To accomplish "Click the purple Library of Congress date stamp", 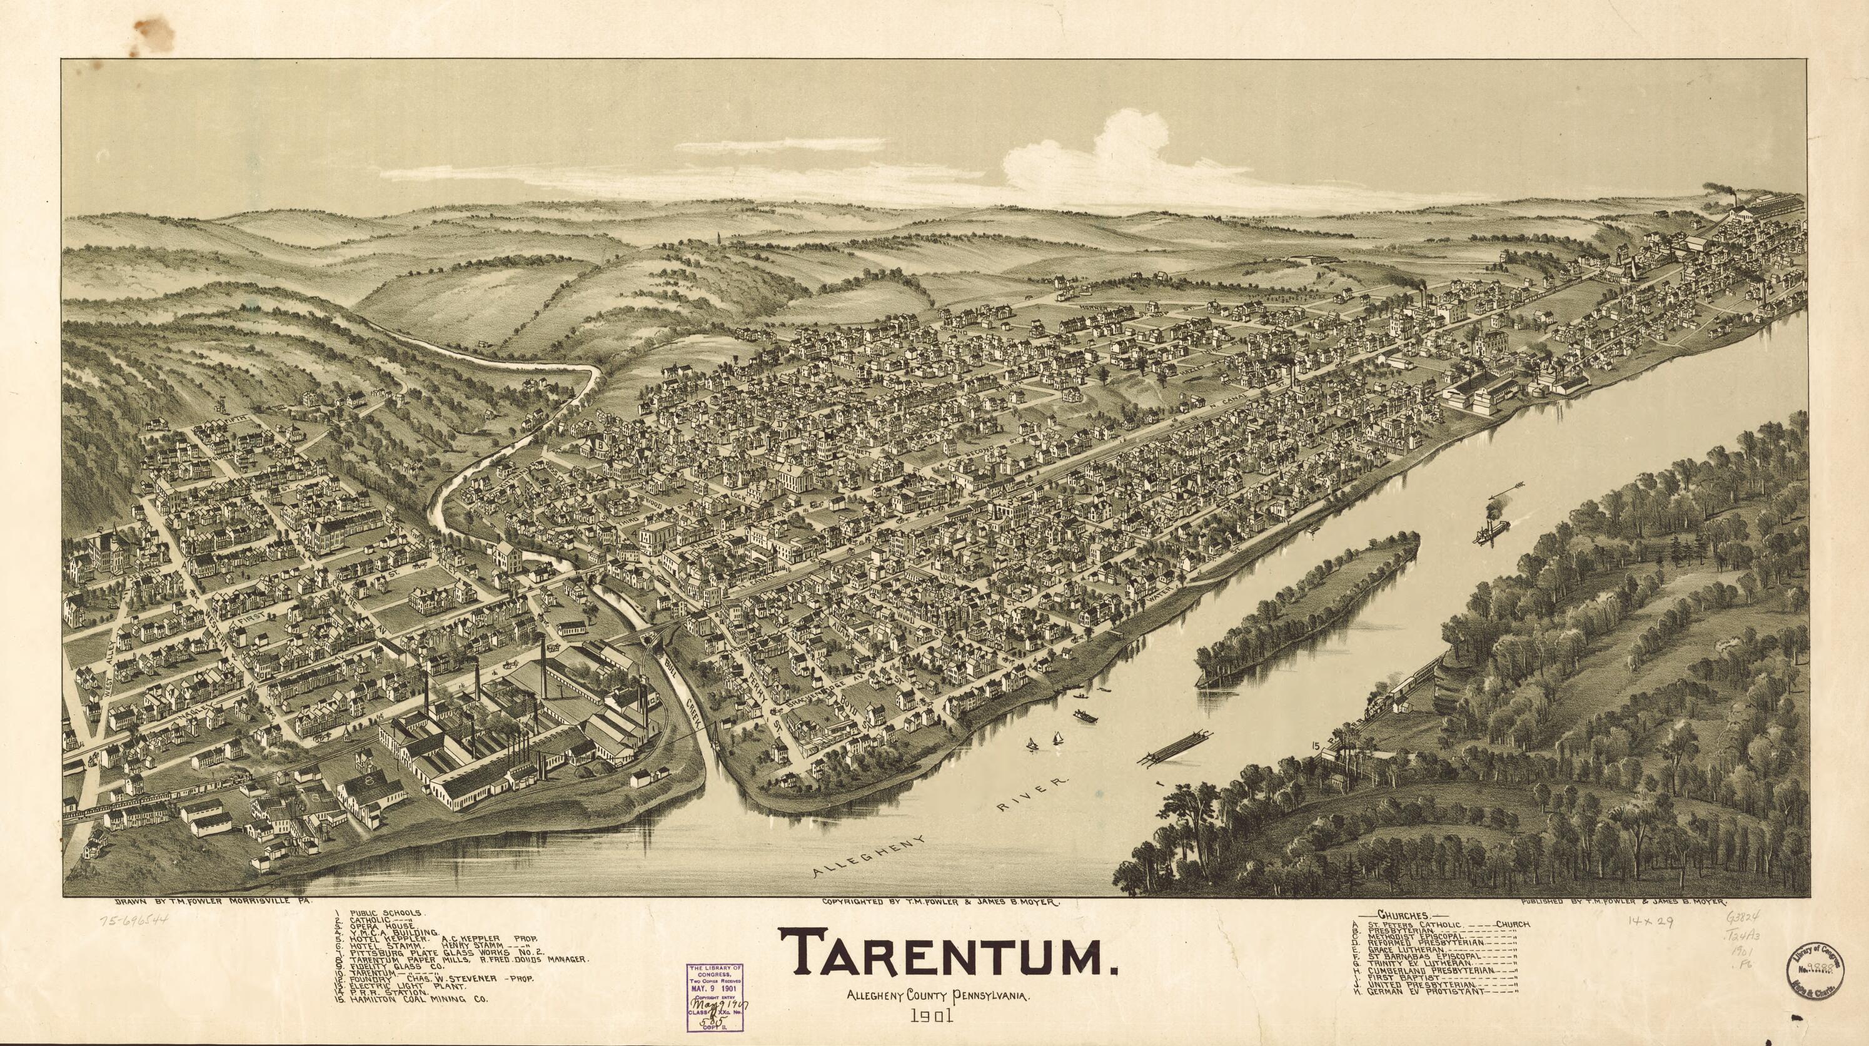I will (x=715, y=1000).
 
